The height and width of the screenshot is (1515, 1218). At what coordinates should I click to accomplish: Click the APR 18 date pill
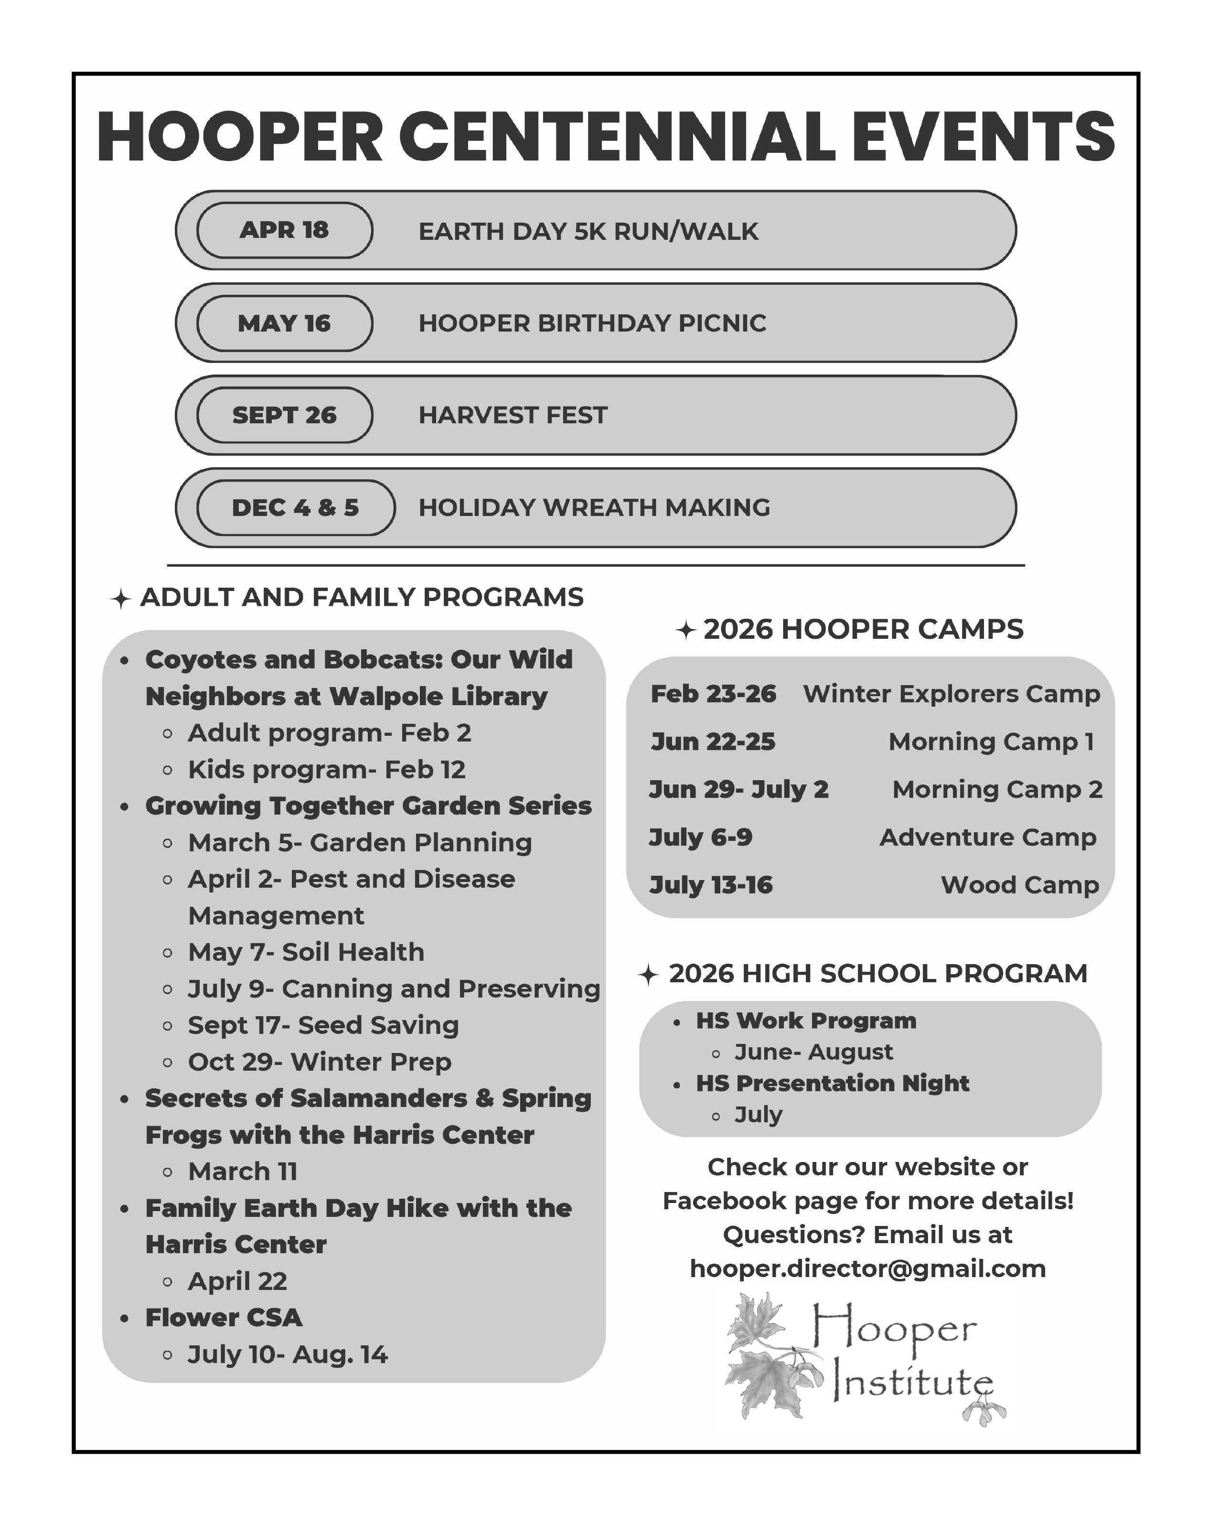[x=285, y=230]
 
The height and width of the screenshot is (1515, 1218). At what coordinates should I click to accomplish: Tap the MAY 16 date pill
[x=285, y=323]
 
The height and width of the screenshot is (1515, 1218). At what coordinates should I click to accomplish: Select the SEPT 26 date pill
[x=285, y=415]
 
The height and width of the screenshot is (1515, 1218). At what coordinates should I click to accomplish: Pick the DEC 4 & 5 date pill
[x=295, y=508]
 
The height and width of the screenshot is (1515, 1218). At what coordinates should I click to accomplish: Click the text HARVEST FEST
[x=513, y=415]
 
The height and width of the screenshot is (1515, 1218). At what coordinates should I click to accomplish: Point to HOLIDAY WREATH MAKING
[x=594, y=508]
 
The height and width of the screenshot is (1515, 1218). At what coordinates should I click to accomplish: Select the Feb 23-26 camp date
[x=713, y=694]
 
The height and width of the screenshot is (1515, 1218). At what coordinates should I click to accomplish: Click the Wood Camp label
[x=1019, y=885]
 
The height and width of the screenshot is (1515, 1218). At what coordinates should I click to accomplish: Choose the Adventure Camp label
[x=988, y=838]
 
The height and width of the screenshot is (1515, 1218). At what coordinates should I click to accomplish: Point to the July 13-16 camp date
[x=711, y=885]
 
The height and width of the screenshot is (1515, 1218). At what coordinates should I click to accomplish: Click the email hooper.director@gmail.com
[x=868, y=1268]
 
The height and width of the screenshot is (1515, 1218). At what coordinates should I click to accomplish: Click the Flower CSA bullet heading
[x=224, y=1318]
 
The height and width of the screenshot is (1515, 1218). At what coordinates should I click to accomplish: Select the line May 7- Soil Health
[x=306, y=952]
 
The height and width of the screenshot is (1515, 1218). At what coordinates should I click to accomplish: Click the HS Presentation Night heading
[x=833, y=1083]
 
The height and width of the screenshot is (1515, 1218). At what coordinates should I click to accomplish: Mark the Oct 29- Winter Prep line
[x=320, y=1062]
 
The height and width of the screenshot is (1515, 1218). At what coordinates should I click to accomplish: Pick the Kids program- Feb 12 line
[x=327, y=770]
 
